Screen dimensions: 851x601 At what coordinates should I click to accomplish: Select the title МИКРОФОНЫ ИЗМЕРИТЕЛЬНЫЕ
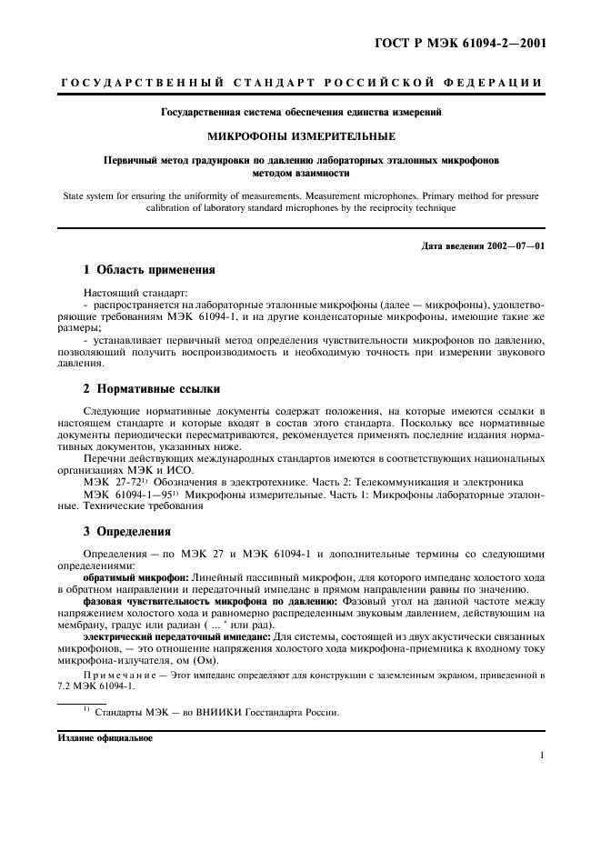tap(300, 136)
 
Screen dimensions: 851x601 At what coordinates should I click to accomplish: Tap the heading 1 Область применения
tap(149, 270)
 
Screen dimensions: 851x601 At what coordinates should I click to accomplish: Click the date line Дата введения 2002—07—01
tap(484, 246)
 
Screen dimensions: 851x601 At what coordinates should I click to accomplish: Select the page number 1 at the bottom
tap(542, 754)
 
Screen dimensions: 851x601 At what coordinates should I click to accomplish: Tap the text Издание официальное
tap(105, 738)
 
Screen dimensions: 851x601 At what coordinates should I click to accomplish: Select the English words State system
tap(89, 194)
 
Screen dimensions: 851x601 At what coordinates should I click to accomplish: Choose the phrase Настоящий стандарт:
tap(122, 294)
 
